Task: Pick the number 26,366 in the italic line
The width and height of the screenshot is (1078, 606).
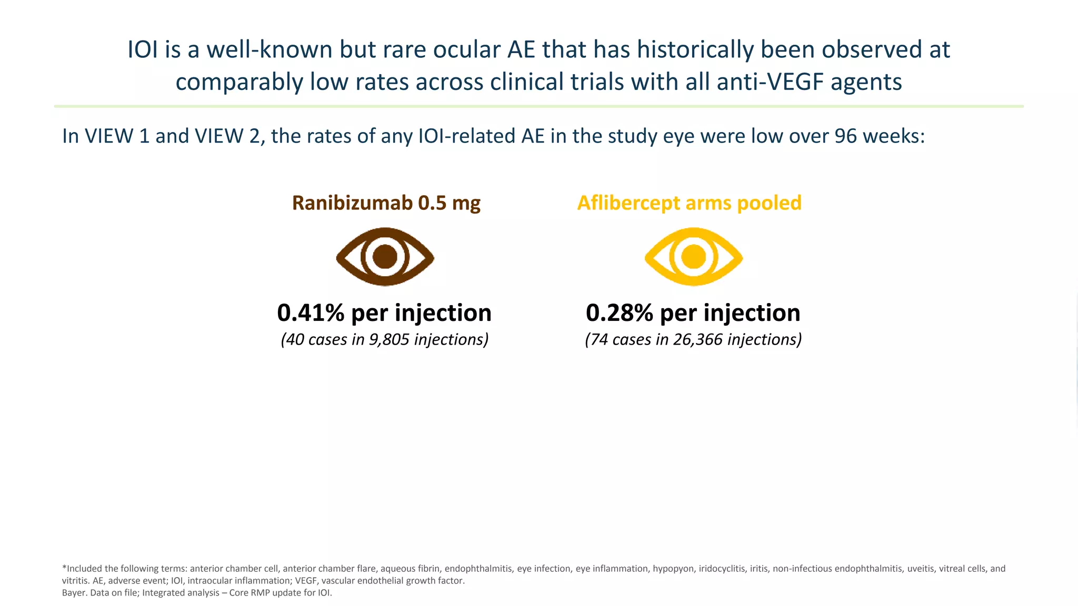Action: [x=697, y=340]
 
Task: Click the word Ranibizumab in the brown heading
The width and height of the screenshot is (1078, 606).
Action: [x=352, y=203]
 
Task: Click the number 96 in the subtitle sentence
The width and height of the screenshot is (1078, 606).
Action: [x=846, y=136]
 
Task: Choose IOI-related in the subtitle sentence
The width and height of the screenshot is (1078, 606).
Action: [x=467, y=136]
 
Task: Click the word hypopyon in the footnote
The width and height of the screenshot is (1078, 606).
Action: [x=673, y=569]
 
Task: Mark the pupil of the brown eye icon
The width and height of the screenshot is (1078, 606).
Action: [x=385, y=257]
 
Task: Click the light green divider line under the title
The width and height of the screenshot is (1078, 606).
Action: [x=538, y=106]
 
